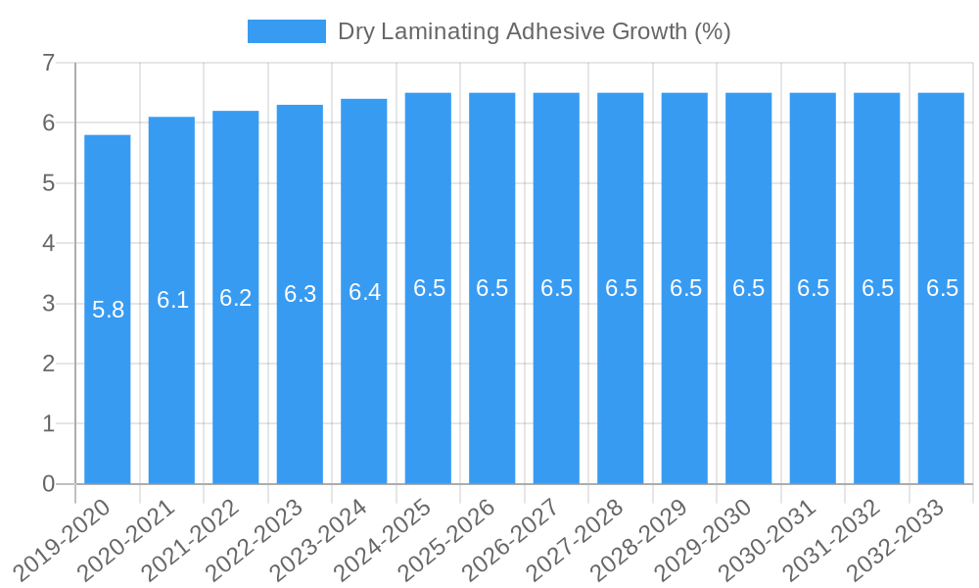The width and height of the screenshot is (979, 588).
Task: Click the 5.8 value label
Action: (x=108, y=311)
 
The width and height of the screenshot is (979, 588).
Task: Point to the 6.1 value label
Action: (x=172, y=300)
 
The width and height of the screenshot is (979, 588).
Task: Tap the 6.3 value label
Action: (x=300, y=294)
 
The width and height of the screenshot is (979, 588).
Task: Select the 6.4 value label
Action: (x=364, y=292)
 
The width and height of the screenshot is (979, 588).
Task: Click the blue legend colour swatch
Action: (x=286, y=31)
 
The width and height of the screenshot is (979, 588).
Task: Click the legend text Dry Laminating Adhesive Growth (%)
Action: (x=534, y=31)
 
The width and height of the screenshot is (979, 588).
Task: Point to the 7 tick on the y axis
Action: (x=48, y=64)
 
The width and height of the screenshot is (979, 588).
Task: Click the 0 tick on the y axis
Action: (x=48, y=484)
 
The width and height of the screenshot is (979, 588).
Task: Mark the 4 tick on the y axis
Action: (x=48, y=244)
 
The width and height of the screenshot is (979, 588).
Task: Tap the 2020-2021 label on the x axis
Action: (x=128, y=539)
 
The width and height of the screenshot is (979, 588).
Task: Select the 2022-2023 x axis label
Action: (x=256, y=539)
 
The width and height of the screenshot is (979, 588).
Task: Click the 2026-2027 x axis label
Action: (x=513, y=539)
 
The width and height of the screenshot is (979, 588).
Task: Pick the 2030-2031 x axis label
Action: (x=769, y=539)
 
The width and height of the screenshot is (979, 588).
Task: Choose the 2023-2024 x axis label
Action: (x=321, y=539)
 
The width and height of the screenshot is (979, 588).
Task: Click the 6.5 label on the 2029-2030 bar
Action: (x=748, y=288)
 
